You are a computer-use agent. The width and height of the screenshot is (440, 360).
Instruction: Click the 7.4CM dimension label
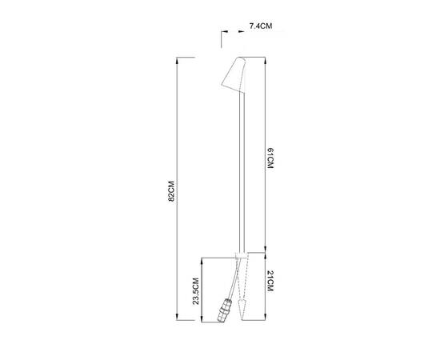click(261, 26)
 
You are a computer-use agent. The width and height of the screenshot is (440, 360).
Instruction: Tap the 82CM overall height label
click(171, 191)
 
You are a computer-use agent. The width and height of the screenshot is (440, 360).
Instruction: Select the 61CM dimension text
click(270, 158)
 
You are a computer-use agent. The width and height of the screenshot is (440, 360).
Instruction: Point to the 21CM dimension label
click(270, 281)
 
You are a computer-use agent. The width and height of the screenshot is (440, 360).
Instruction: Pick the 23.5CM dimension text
click(195, 291)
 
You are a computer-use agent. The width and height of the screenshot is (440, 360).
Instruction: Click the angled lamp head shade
click(234, 75)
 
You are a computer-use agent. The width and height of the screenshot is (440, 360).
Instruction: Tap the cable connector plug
click(225, 310)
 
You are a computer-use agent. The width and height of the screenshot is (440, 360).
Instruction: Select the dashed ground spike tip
click(243, 310)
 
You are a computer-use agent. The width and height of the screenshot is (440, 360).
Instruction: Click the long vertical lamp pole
click(242, 173)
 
